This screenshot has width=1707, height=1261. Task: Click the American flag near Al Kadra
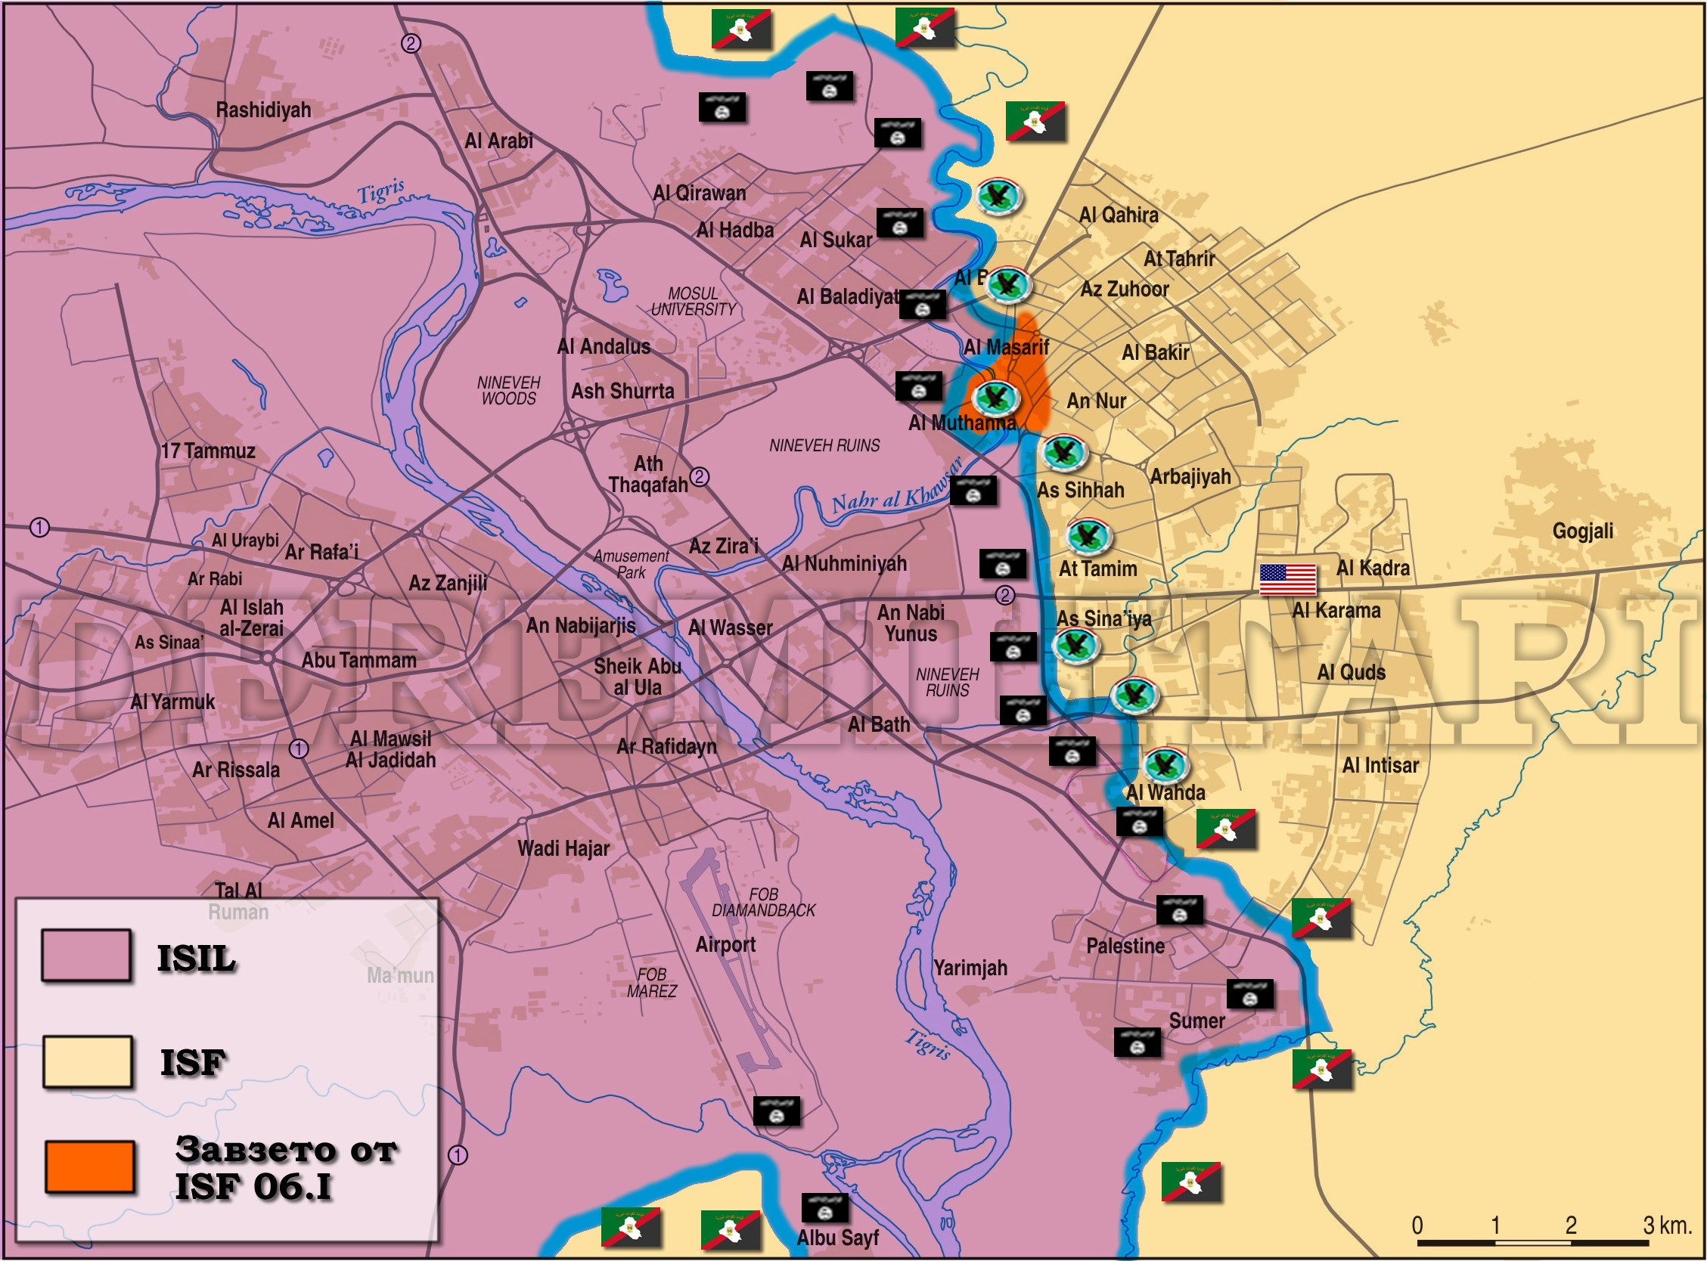point(1287,579)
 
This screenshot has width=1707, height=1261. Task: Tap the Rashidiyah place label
point(263,110)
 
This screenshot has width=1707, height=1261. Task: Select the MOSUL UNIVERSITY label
point(694,302)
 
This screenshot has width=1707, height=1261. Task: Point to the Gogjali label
point(1582,531)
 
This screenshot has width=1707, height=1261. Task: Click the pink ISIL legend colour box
point(85,955)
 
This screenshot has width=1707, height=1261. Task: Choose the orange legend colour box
point(90,1167)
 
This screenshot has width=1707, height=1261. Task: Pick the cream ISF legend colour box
point(87,1061)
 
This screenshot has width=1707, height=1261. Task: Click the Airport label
point(725,944)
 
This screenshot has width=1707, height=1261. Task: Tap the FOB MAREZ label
point(651,983)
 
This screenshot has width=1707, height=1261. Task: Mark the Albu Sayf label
point(837,1238)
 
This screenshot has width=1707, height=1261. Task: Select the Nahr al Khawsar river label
point(896,492)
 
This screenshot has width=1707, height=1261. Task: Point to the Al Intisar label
point(1380,765)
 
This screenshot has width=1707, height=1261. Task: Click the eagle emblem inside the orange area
point(995,397)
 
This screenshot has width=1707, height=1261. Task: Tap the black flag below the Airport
point(777,1111)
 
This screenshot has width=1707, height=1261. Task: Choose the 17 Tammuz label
point(208,451)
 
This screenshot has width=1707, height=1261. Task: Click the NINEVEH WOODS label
point(508,390)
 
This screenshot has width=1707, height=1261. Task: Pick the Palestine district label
point(1125,946)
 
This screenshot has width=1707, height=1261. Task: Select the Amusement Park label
point(632,564)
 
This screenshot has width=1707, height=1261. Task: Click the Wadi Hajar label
point(563,848)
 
